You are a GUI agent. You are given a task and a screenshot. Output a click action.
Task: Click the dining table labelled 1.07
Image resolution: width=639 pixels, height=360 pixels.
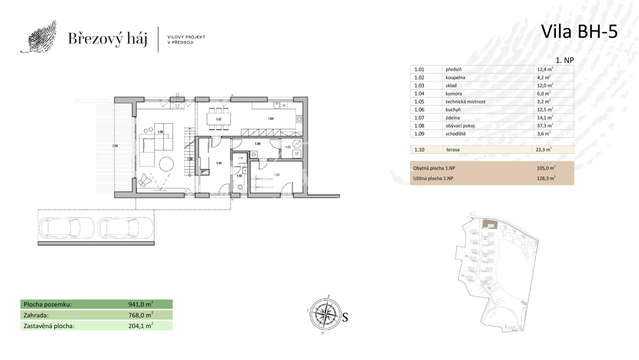coord(219,119)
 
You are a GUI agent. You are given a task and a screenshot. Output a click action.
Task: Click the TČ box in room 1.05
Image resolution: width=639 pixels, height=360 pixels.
coord(297,154)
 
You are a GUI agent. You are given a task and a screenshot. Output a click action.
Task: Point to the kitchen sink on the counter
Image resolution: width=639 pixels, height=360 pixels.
coord(277,105)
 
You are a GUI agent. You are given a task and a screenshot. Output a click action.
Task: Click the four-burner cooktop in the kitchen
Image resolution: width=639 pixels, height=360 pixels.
coord(299,119)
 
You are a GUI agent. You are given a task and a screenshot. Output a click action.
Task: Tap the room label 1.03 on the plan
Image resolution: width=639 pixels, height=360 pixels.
coord(277,175)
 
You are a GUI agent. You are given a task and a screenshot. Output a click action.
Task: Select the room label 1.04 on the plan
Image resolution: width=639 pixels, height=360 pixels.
coord(257,144)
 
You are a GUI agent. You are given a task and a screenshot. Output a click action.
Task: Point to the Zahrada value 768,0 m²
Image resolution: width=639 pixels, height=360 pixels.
coord(141,315)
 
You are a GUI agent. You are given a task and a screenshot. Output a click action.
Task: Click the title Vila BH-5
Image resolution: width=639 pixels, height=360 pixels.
coord(579,32)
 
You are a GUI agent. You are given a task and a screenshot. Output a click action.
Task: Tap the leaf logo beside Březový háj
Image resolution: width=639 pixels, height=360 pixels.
coord(38,37)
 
